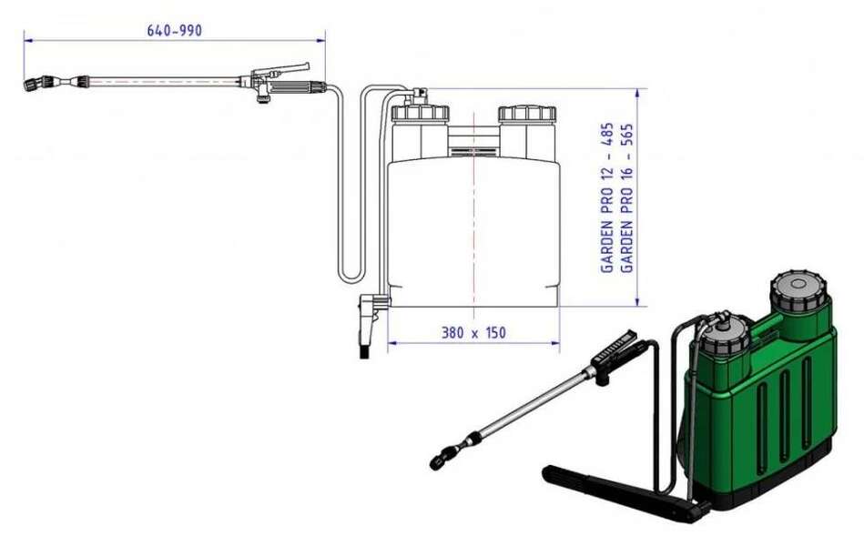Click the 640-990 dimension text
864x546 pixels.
coord(174,30)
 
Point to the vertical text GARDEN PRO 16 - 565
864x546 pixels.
coord(626,197)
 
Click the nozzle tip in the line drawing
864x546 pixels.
coord(30,86)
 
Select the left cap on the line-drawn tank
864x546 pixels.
coord(420,114)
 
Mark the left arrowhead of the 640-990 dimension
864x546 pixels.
coord(27,39)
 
